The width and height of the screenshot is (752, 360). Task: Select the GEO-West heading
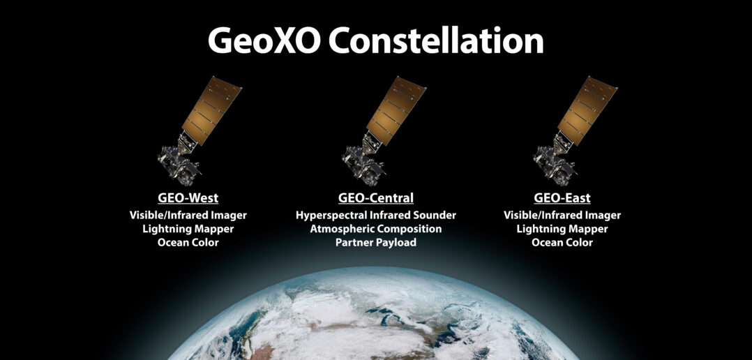tap(188, 197)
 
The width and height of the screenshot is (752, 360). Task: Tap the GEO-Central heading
tap(376, 197)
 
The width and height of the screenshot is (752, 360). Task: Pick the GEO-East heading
tap(562, 197)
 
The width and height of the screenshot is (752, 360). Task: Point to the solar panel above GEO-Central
tap(396, 110)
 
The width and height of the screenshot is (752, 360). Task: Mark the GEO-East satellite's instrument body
tap(551, 159)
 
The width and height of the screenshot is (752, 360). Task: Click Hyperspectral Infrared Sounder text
tap(376, 215)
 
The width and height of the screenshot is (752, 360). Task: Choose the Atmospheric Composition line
tap(376, 228)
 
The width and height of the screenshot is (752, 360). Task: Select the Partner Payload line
tap(376, 242)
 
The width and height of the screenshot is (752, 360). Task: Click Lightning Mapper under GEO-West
tap(188, 228)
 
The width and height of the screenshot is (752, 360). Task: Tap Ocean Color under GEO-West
tap(188, 242)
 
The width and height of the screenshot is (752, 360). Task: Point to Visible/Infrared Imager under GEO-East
tap(562, 215)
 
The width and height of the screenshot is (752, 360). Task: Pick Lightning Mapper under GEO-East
tap(562, 228)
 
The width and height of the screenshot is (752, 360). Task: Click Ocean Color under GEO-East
tap(562, 242)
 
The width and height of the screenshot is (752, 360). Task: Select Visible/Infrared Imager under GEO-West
tap(188, 215)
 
